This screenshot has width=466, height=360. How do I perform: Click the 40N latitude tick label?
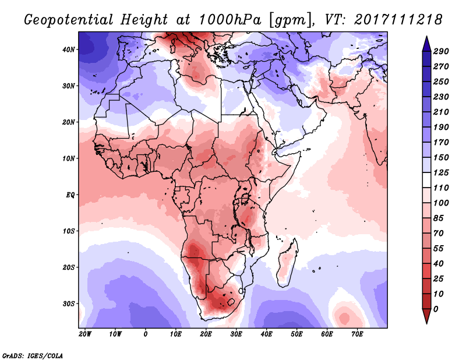pos(69,49)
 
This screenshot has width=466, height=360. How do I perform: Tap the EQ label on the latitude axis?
pos(70,195)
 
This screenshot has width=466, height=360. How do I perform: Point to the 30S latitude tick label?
pos(69,303)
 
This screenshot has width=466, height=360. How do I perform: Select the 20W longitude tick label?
pos(84,334)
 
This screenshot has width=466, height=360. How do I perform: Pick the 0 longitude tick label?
pos(146,334)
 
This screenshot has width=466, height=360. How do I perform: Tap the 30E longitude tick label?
pos(236,334)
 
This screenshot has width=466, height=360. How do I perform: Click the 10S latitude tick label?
pos(69,231)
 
